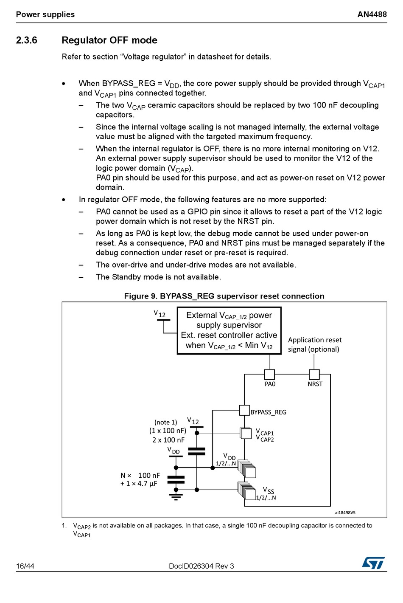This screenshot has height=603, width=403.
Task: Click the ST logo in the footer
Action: [373, 563]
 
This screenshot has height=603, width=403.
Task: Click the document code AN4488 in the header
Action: [372, 14]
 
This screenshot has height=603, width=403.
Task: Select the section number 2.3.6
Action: [27, 40]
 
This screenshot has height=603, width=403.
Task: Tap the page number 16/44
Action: [25, 566]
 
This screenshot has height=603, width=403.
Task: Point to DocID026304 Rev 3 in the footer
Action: [201, 566]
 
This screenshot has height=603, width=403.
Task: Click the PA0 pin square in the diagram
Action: [269, 374]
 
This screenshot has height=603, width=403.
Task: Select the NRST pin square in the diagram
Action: [314, 374]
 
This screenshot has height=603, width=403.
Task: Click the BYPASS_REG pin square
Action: [244, 410]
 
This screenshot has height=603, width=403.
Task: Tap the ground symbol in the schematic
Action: [176, 496]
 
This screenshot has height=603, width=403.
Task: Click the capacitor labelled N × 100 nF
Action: [176, 479]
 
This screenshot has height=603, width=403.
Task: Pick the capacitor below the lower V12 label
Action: [196, 451]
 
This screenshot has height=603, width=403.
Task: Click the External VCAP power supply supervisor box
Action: [229, 330]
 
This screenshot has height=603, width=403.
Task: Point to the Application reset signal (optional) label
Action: [315, 344]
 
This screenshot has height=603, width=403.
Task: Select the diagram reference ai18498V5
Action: [345, 513]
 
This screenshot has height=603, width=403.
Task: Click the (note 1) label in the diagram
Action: [165, 422]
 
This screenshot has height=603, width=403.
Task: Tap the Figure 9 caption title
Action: [224, 296]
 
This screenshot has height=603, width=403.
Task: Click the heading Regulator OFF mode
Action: [109, 40]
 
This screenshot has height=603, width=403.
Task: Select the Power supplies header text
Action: [45, 14]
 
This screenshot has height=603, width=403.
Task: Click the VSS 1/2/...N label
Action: [266, 494]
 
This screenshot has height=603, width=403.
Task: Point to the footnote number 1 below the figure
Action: [64, 525]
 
